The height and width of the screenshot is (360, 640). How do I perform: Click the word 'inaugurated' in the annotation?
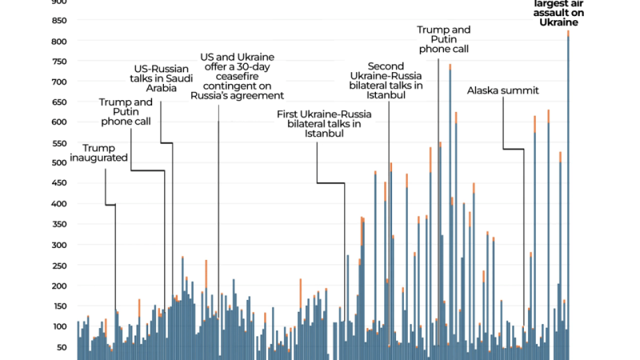(x=105, y=158)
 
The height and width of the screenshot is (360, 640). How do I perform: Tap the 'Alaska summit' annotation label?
(x=503, y=90)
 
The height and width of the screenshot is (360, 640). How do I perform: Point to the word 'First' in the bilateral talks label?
(x=290, y=114)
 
